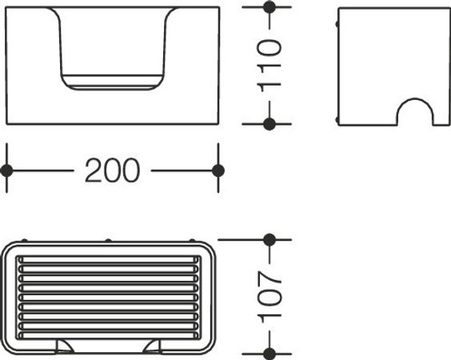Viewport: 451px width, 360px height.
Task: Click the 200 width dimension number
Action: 113,170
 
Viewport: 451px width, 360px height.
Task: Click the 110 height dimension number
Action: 269,66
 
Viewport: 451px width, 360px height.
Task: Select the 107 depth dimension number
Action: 269,297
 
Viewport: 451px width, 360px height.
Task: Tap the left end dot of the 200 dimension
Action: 6,171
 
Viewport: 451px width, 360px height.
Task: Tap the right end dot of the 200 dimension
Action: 218,170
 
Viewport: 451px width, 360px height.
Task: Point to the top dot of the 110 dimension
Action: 269,7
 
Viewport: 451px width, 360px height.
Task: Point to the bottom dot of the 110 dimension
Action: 269,124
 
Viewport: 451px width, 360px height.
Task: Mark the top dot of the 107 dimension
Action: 269,240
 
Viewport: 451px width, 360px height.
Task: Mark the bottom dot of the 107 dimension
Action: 269,354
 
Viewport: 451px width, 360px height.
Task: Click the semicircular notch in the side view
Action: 415,99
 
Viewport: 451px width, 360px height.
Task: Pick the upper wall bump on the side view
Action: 337,24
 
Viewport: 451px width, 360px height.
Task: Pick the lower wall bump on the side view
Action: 337,120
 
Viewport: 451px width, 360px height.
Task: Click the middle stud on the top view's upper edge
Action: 108,240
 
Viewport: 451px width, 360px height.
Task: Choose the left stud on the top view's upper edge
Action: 25,240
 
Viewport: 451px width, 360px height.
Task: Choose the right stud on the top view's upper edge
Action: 192,240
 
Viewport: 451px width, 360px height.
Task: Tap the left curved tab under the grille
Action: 64,346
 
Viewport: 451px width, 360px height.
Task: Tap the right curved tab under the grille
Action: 153,346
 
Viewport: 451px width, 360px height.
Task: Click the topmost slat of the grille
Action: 109,260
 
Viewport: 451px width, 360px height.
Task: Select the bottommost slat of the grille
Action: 109,335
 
